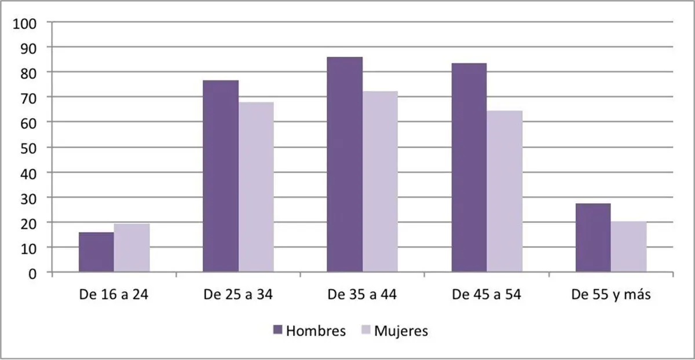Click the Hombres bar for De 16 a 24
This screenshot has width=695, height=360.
pos(96,252)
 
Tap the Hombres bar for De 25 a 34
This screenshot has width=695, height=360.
pos(221,176)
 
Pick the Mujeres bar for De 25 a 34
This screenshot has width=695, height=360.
pos(256,187)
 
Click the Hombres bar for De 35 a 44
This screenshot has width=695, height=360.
pos(345,164)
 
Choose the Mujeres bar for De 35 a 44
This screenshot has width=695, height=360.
pos(380,182)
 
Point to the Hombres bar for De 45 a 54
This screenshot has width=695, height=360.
pos(469,167)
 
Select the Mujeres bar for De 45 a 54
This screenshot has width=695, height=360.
pos(504,191)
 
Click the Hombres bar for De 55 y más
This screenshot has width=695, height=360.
pos(593,237)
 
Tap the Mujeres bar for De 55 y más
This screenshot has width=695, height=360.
pos(628,247)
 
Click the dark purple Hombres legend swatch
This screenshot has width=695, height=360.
pos(277,330)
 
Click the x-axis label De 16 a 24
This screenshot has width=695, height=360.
pos(114,295)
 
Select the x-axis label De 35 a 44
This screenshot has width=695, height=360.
pos(362,295)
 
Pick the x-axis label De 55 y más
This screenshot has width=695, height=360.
pos(611,295)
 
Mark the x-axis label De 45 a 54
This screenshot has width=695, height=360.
pos(487,295)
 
